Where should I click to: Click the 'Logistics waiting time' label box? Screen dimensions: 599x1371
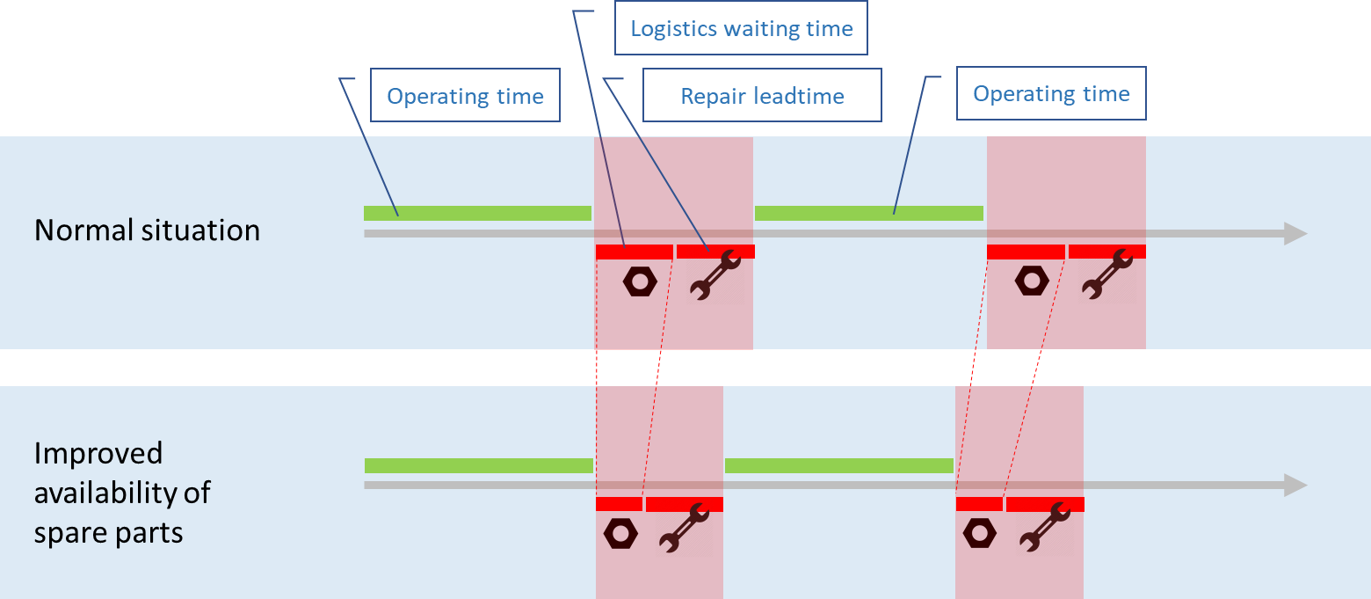click(x=742, y=29)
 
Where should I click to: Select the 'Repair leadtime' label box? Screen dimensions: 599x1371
click(x=762, y=96)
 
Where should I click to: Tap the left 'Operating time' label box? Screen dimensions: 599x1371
click(x=465, y=96)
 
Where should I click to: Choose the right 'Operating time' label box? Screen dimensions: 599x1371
click(x=1051, y=94)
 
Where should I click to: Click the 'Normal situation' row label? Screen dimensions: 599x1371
click(x=147, y=230)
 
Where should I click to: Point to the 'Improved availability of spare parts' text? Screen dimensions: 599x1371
click(x=122, y=493)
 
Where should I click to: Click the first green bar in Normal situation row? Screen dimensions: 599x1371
click(x=477, y=213)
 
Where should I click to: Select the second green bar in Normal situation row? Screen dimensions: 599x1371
click(x=868, y=213)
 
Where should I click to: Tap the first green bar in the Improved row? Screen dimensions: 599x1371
click(x=478, y=465)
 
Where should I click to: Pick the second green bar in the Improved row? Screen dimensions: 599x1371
click(x=838, y=465)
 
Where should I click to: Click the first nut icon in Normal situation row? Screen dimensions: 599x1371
click(x=639, y=281)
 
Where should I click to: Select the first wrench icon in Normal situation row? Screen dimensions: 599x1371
click(x=715, y=275)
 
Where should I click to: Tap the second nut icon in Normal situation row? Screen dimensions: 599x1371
click(x=1031, y=281)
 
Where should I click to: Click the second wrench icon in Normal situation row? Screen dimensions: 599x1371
click(x=1106, y=275)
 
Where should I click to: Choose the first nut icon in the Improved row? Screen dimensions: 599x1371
click(x=620, y=533)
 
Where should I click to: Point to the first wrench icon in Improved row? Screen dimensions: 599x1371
click(x=684, y=528)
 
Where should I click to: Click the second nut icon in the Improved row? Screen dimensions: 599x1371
click(x=979, y=533)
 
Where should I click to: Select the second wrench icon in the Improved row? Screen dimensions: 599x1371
click(x=1043, y=527)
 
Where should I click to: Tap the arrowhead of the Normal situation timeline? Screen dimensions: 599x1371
click(x=1295, y=233)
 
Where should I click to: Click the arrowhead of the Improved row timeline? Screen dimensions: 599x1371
click(x=1295, y=485)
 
